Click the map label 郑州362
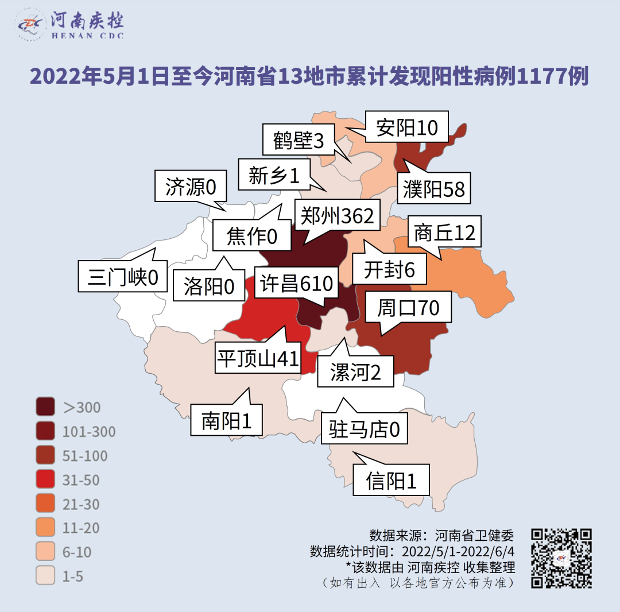pyautogui.click(x=338, y=216)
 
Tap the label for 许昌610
pyautogui.click(x=296, y=284)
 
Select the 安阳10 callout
pyautogui.click(x=407, y=127)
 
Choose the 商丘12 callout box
pyautogui.click(x=444, y=233)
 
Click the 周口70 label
pyautogui.click(x=408, y=308)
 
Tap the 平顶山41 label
pyautogui.click(x=258, y=358)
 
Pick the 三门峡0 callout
pyautogui.click(x=122, y=277)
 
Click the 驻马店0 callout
pyautogui.click(x=364, y=428)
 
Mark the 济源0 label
pyautogui.click(x=191, y=187)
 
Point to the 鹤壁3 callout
pyautogui.click(x=299, y=140)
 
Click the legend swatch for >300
pyautogui.click(x=45, y=407)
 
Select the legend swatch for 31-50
pyautogui.click(x=45, y=480)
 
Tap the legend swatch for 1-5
pyautogui.click(x=45, y=576)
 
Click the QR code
pyautogui.click(x=561, y=558)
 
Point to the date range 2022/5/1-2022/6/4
pyautogui.click(x=458, y=552)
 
